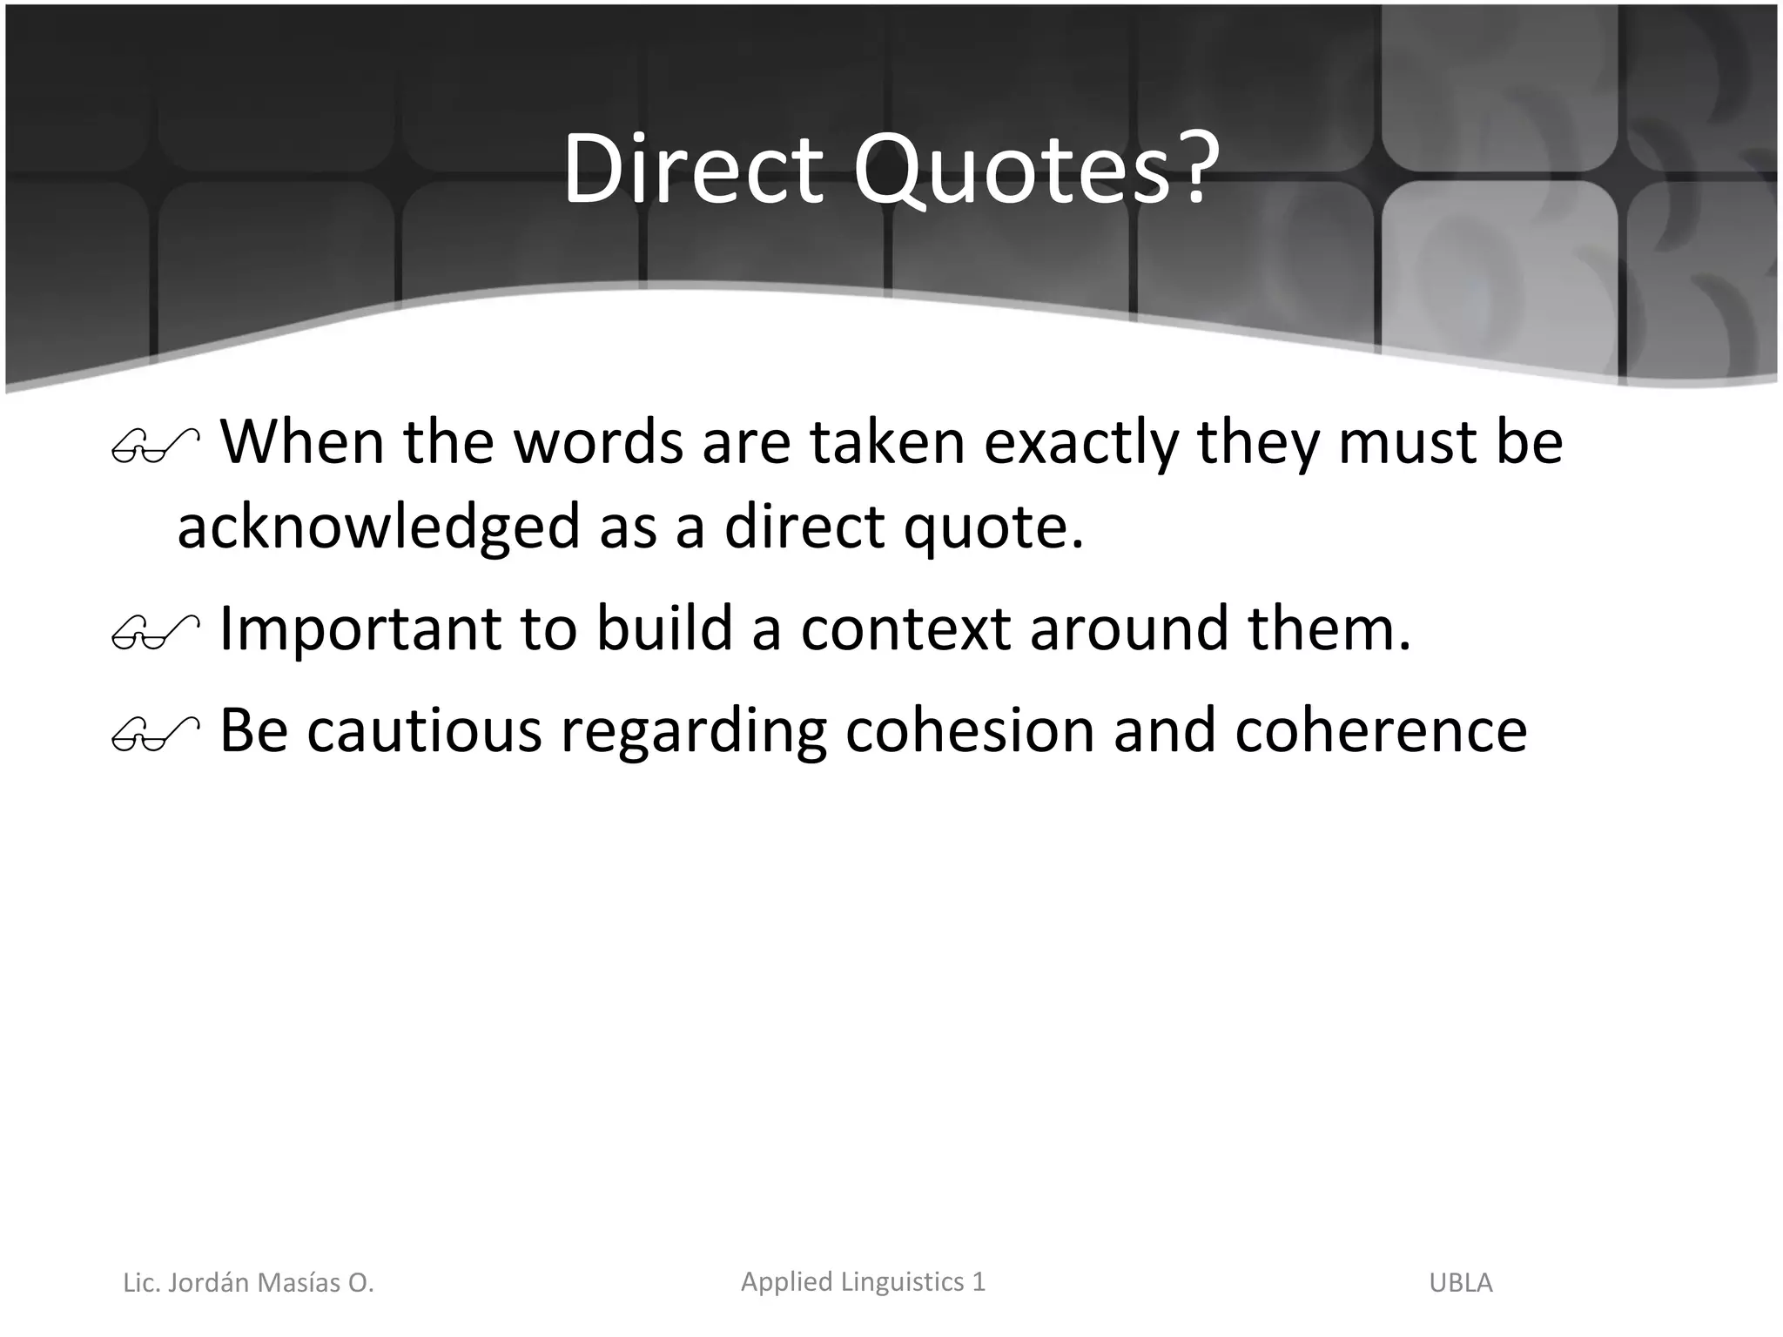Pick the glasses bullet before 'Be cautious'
155,735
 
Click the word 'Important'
360,629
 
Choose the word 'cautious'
424,731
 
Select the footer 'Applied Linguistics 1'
863,1281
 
